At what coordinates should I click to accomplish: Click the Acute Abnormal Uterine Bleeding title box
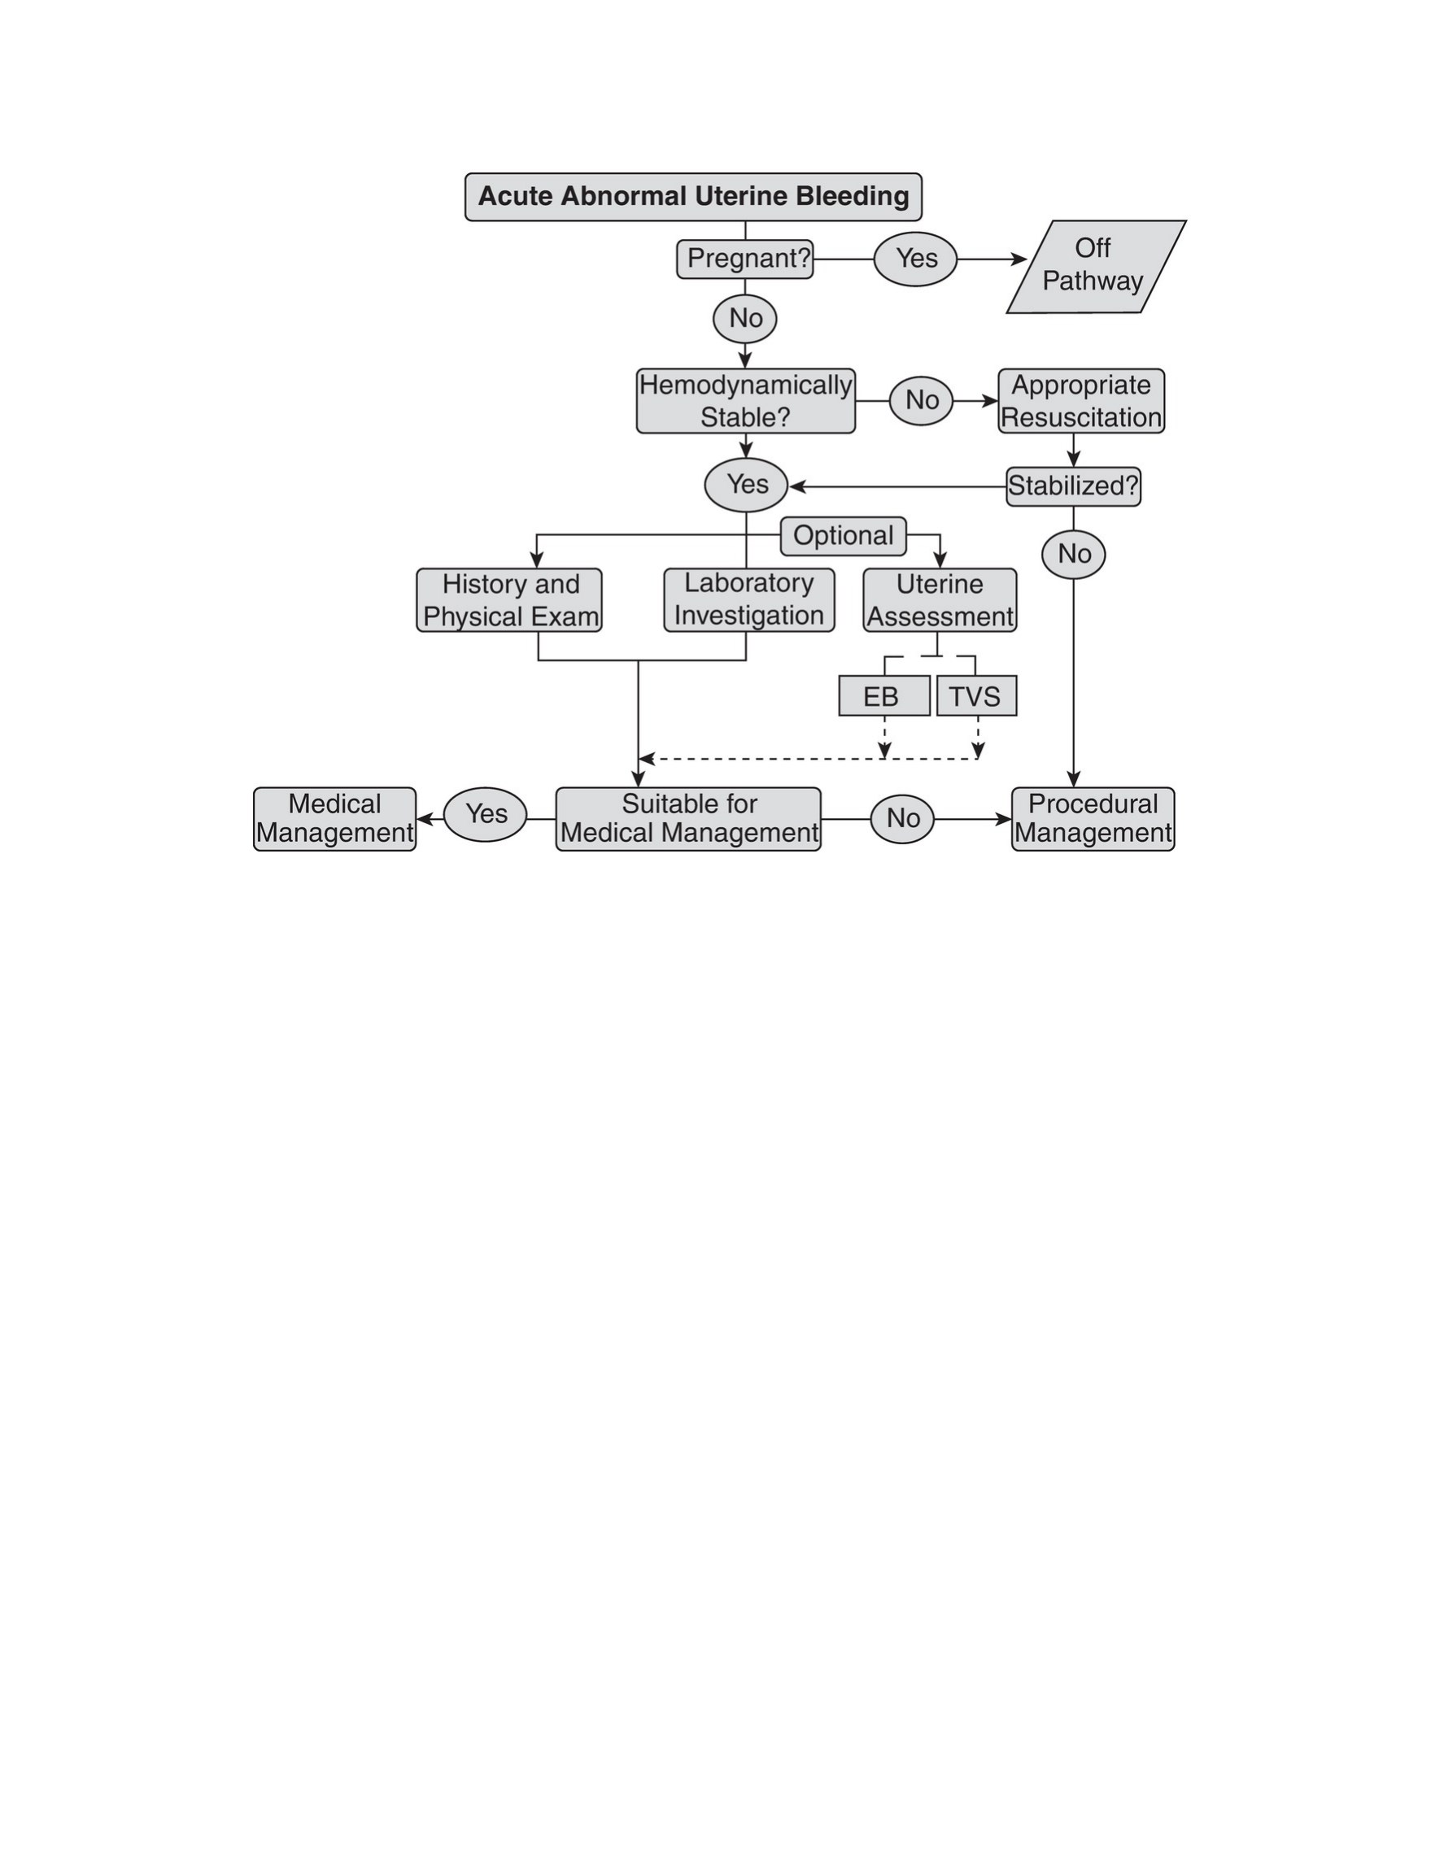[693, 197]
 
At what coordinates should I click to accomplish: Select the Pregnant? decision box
[745, 259]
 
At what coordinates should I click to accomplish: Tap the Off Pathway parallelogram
[1097, 266]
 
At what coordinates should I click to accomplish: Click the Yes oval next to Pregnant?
[916, 259]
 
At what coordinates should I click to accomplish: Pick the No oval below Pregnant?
[744, 319]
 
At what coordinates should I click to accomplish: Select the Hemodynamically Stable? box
[745, 400]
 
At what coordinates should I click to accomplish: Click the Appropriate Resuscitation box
[1082, 400]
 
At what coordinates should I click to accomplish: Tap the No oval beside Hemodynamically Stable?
[921, 400]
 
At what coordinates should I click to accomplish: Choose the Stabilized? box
[1073, 486]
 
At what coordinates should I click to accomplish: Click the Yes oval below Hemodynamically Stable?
[746, 486]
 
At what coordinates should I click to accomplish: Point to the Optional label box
[843, 536]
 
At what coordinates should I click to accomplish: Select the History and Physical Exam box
[509, 600]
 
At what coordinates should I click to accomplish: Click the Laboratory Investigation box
[750, 600]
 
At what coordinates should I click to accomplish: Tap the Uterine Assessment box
[940, 600]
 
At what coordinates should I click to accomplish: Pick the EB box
[884, 695]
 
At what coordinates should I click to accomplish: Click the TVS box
[977, 695]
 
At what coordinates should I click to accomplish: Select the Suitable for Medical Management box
[688, 819]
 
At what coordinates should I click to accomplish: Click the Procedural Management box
[1093, 819]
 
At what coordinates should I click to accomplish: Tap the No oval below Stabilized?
[1073, 555]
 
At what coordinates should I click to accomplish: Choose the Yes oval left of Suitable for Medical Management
[486, 815]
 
